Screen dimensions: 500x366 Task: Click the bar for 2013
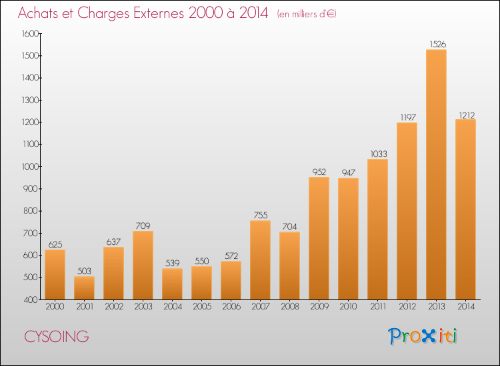pyautogui.click(x=436, y=174)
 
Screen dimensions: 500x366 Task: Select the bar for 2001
pyautogui.click(x=84, y=288)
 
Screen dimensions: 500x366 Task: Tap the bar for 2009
pyautogui.click(x=319, y=238)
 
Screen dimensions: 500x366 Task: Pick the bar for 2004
pyautogui.click(x=172, y=284)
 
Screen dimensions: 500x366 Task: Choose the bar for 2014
pyautogui.click(x=465, y=210)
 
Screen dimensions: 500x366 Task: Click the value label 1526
pyautogui.click(x=437, y=44)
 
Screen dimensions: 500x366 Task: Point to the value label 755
pyautogui.click(x=261, y=215)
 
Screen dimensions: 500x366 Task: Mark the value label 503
pyautogui.click(x=84, y=271)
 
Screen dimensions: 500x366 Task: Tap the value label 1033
pyautogui.click(x=379, y=154)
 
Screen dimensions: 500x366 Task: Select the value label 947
pyautogui.click(x=348, y=172)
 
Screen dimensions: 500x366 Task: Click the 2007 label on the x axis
pyautogui.click(x=261, y=306)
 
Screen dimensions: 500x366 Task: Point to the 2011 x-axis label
pyautogui.click(x=378, y=306)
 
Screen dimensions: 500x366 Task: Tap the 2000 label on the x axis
pyautogui.click(x=55, y=306)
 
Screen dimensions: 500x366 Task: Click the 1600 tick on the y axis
pyautogui.click(x=30, y=33)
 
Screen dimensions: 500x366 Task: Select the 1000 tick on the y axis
pyautogui.click(x=30, y=166)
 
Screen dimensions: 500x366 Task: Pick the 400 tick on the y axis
pyautogui.click(x=31, y=299)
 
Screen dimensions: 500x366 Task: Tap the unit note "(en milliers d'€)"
pyautogui.click(x=307, y=14)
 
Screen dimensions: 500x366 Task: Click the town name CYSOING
pyautogui.click(x=57, y=337)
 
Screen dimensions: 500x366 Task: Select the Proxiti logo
pyautogui.click(x=423, y=336)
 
